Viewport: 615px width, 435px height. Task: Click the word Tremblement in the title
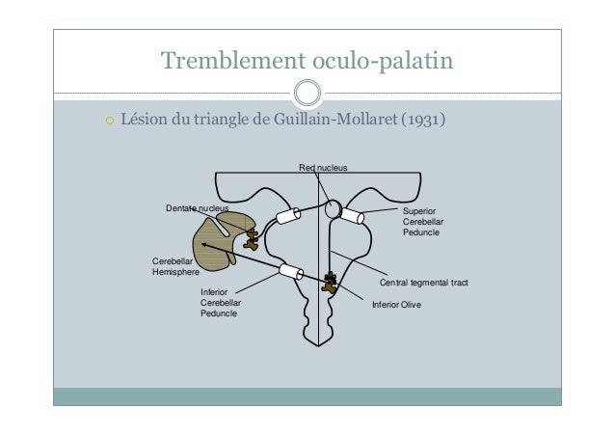233,60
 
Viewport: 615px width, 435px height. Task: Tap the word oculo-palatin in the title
383,61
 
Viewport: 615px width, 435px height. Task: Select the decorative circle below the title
307,93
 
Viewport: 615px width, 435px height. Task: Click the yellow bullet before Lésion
110,121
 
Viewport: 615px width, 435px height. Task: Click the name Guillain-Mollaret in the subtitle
335,119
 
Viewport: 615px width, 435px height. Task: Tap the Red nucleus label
323,168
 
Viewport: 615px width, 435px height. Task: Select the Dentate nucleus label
197,208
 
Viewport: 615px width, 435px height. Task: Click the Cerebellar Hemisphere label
175,266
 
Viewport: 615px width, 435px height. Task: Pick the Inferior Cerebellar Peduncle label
221,303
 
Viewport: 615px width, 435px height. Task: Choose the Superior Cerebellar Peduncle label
423,222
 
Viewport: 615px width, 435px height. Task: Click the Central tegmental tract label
423,283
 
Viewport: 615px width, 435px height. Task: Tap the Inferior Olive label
396,305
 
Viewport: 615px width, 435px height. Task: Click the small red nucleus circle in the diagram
334,202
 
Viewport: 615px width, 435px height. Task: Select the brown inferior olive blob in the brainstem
330,283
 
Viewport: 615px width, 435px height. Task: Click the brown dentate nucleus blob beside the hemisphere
251,240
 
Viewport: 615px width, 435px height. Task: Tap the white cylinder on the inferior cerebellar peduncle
291,271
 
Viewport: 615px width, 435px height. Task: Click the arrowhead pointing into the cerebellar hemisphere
204,245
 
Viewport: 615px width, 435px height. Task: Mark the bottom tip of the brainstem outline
318,346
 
